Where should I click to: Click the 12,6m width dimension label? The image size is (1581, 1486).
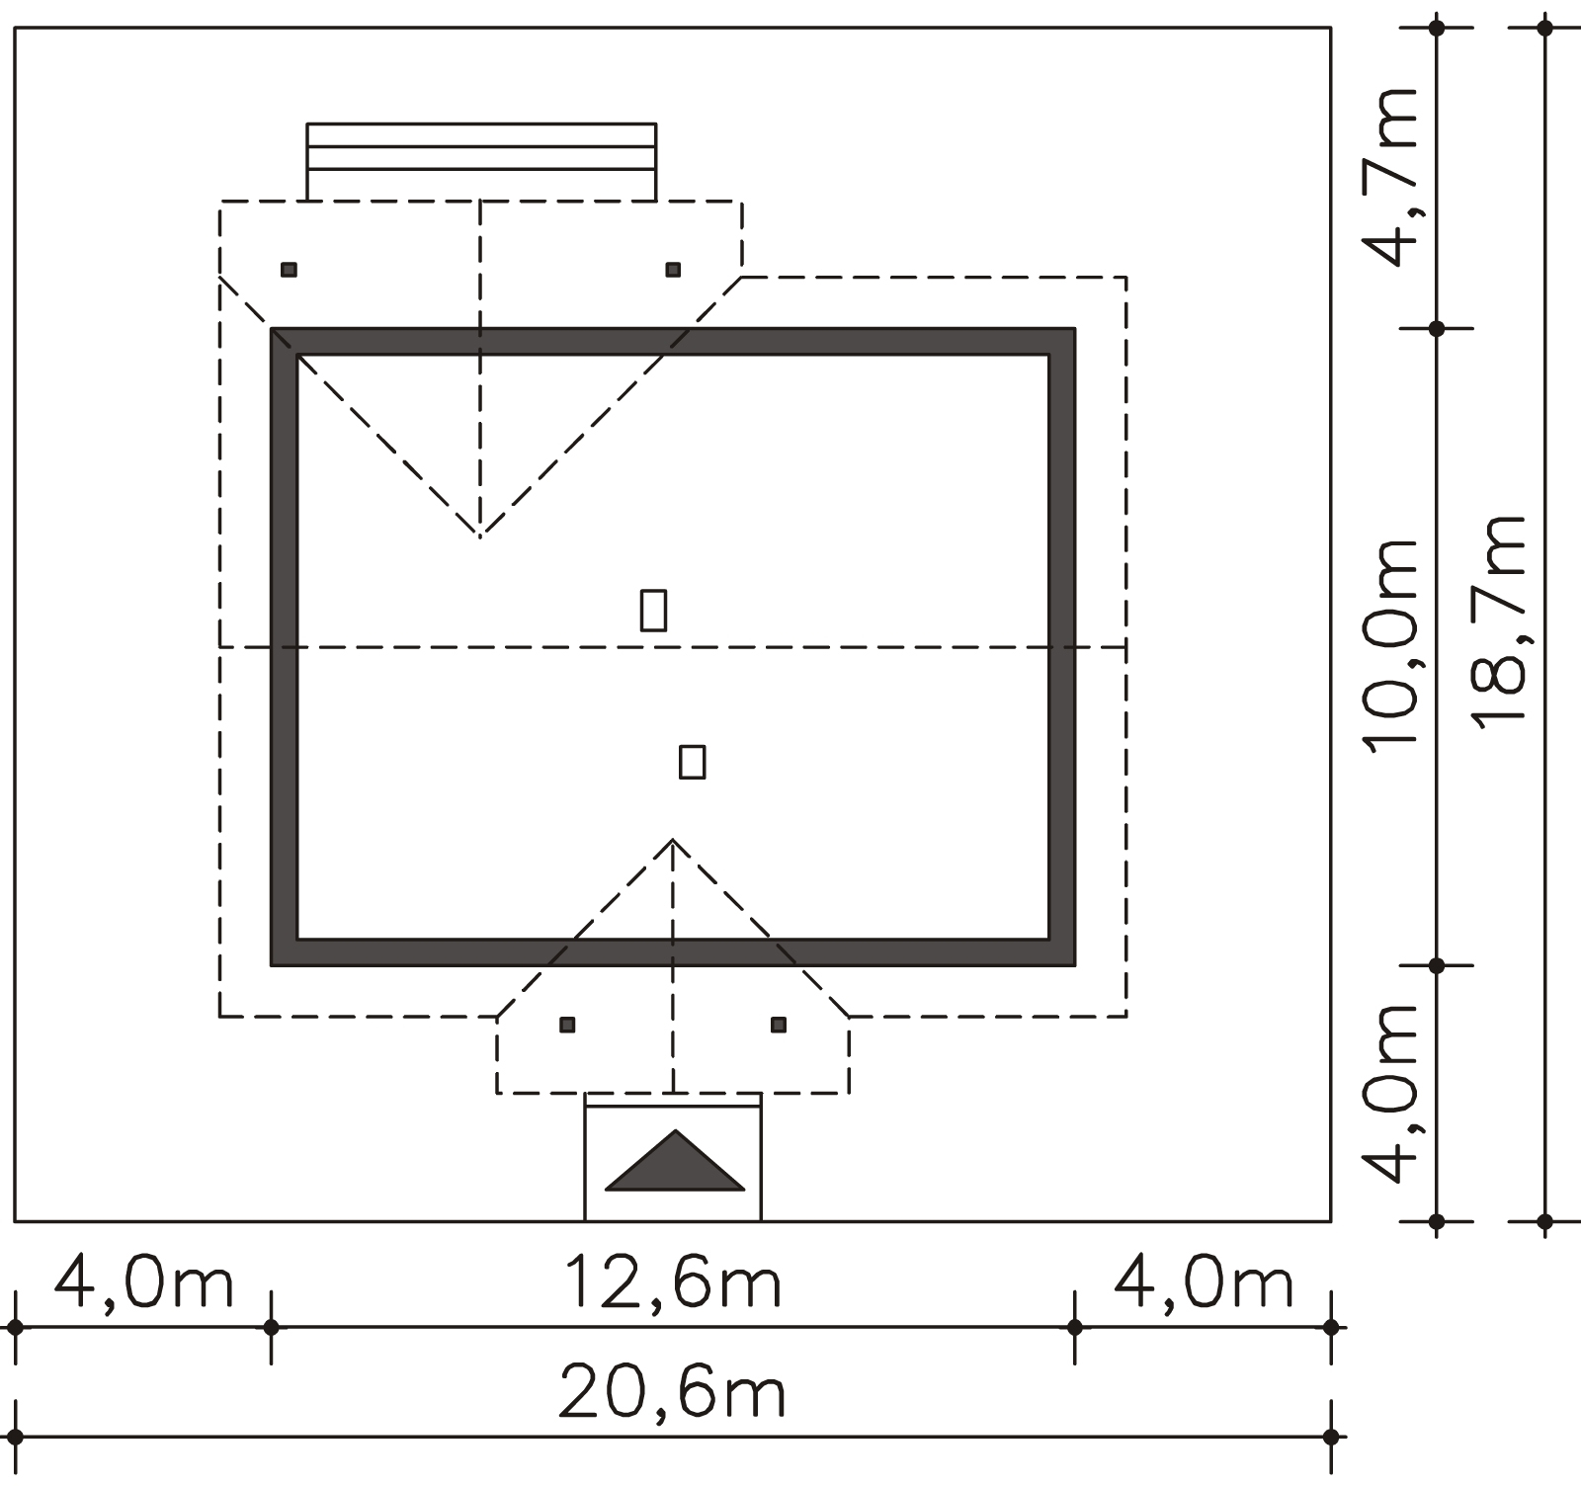point(672,1282)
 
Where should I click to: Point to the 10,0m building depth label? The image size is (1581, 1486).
point(1391,648)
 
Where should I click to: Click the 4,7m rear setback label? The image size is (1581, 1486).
point(1391,178)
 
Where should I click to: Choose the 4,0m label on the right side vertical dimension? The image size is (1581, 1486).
point(1391,1094)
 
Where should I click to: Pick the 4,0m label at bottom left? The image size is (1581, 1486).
point(143,1282)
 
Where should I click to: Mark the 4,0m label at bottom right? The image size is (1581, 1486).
point(1204,1282)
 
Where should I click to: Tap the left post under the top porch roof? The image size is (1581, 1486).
point(289,270)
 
